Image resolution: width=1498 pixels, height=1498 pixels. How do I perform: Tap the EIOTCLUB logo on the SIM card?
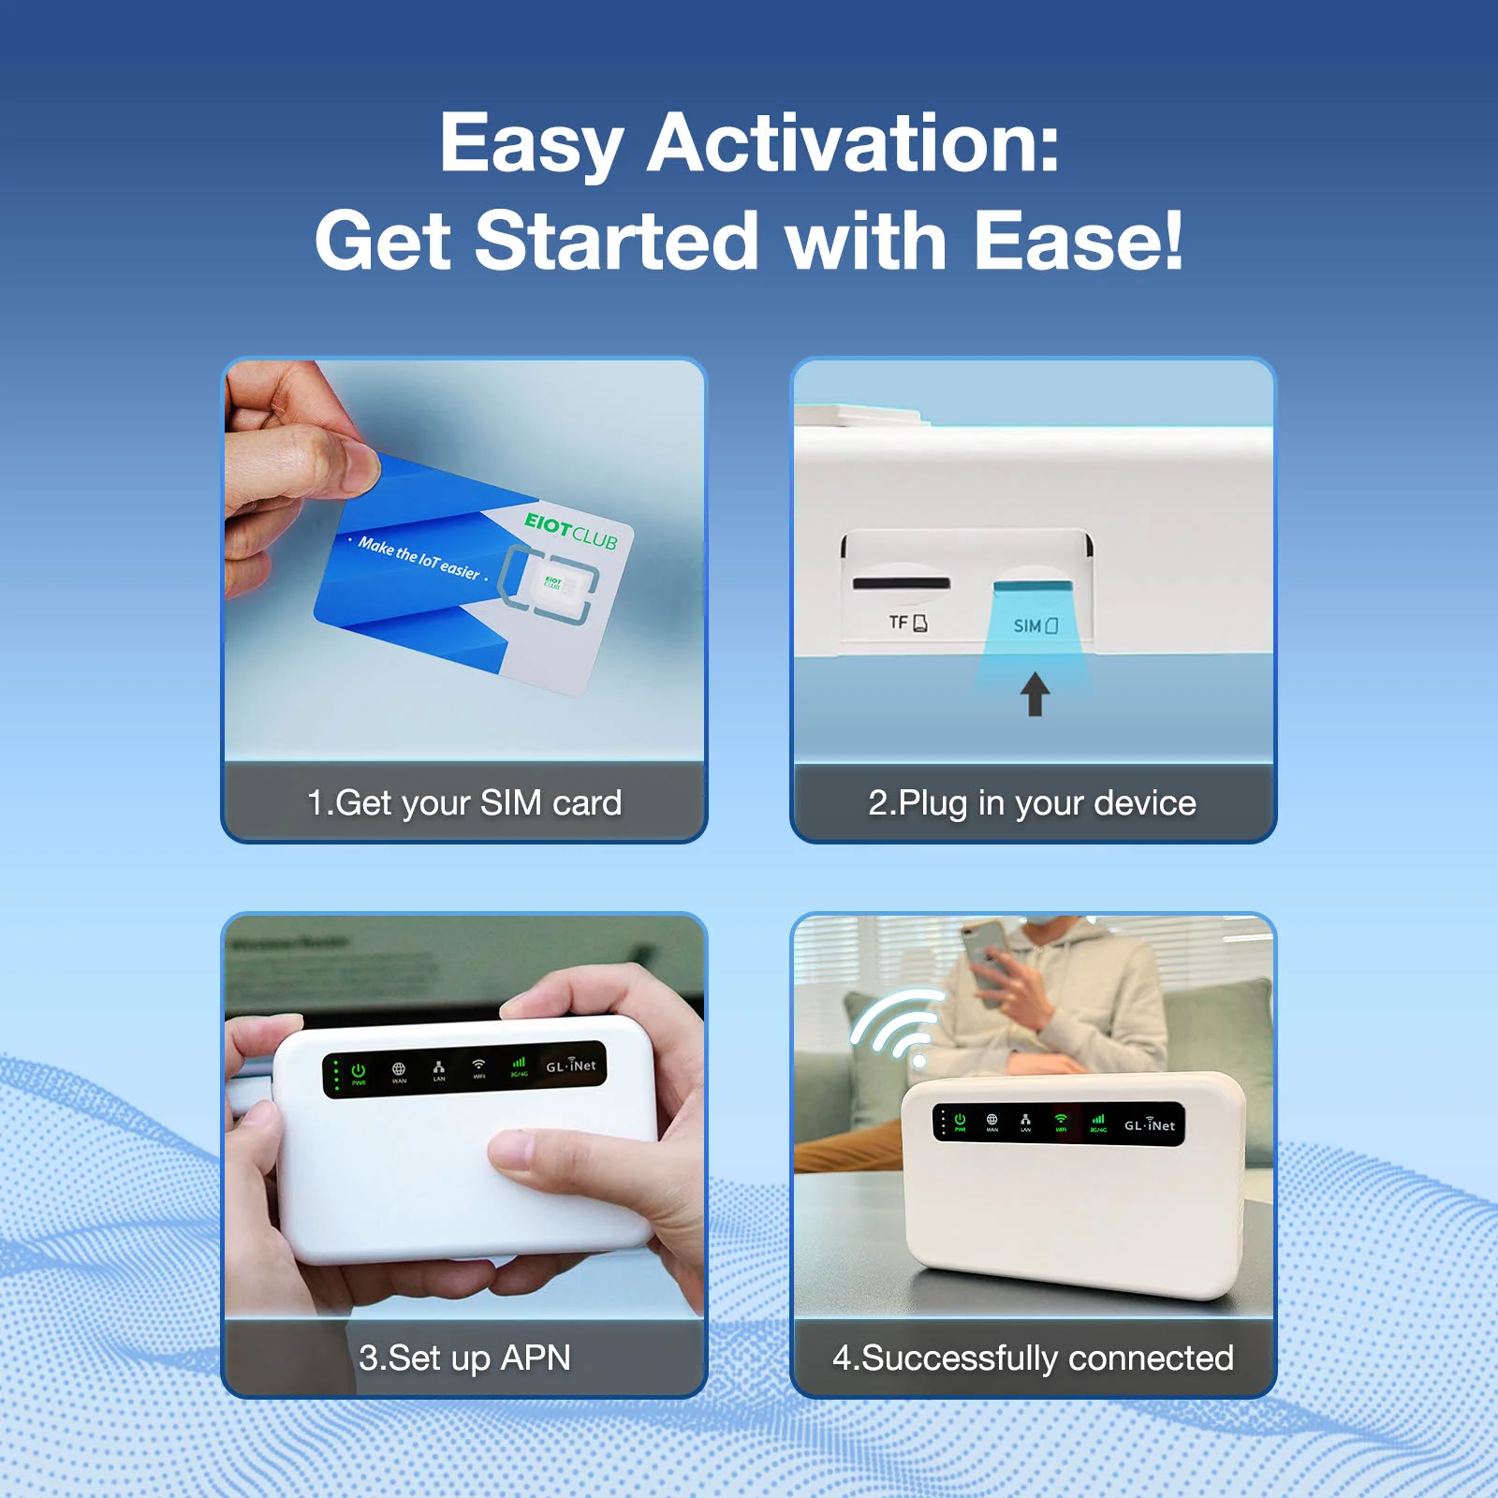[570, 531]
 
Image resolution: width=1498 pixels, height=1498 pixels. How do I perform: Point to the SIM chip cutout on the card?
[552, 583]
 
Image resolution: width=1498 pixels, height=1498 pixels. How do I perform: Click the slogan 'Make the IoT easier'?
[419, 558]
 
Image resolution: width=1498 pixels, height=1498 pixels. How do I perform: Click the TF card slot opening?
[901, 584]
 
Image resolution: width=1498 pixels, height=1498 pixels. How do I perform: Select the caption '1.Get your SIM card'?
[464, 802]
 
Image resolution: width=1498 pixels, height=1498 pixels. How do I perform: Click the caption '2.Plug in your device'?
[1032, 802]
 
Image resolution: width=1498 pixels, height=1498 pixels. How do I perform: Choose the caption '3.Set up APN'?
[464, 1358]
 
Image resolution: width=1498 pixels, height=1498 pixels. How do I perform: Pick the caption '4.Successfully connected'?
[1033, 1358]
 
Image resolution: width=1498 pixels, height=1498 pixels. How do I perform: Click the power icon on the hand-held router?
[359, 1070]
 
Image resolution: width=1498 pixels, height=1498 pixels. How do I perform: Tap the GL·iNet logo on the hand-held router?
[570, 1065]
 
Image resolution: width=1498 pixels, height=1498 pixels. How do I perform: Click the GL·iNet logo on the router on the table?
[1149, 1124]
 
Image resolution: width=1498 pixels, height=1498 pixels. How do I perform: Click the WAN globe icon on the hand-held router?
[399, 1069]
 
